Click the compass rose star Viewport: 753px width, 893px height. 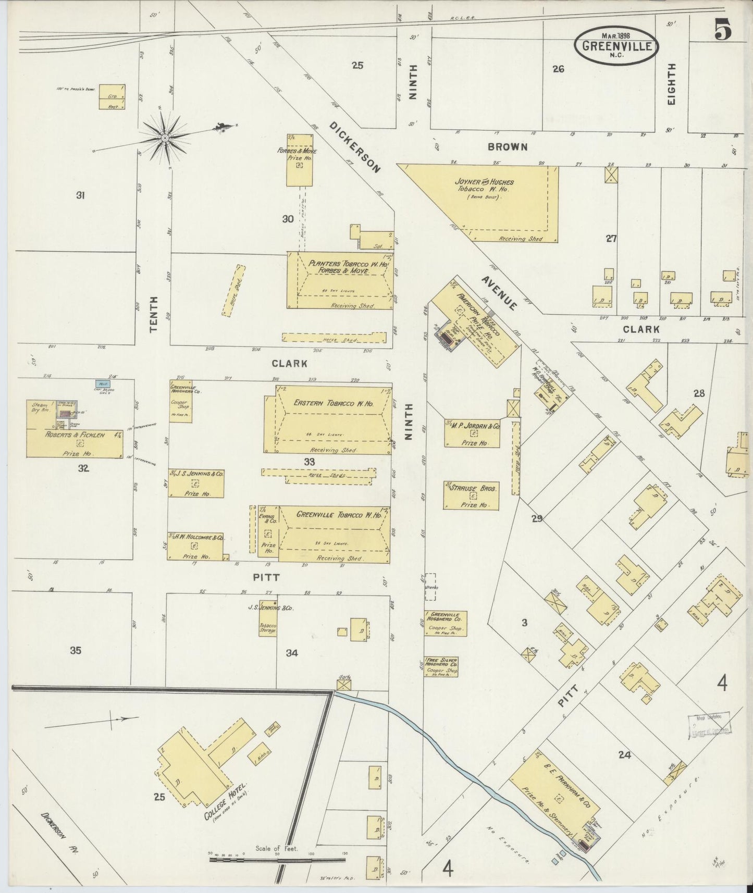[x=165, y=138]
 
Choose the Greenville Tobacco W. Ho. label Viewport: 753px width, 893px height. [x=339, y=514]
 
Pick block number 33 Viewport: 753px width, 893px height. [x=310, y=461]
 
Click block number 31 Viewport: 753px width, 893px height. [x=80, y=195]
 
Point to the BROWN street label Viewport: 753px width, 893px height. [x=507, y=147]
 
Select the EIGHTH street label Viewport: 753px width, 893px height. [x=671, y=84]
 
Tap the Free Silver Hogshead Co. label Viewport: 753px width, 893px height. [x=441, y=664]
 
